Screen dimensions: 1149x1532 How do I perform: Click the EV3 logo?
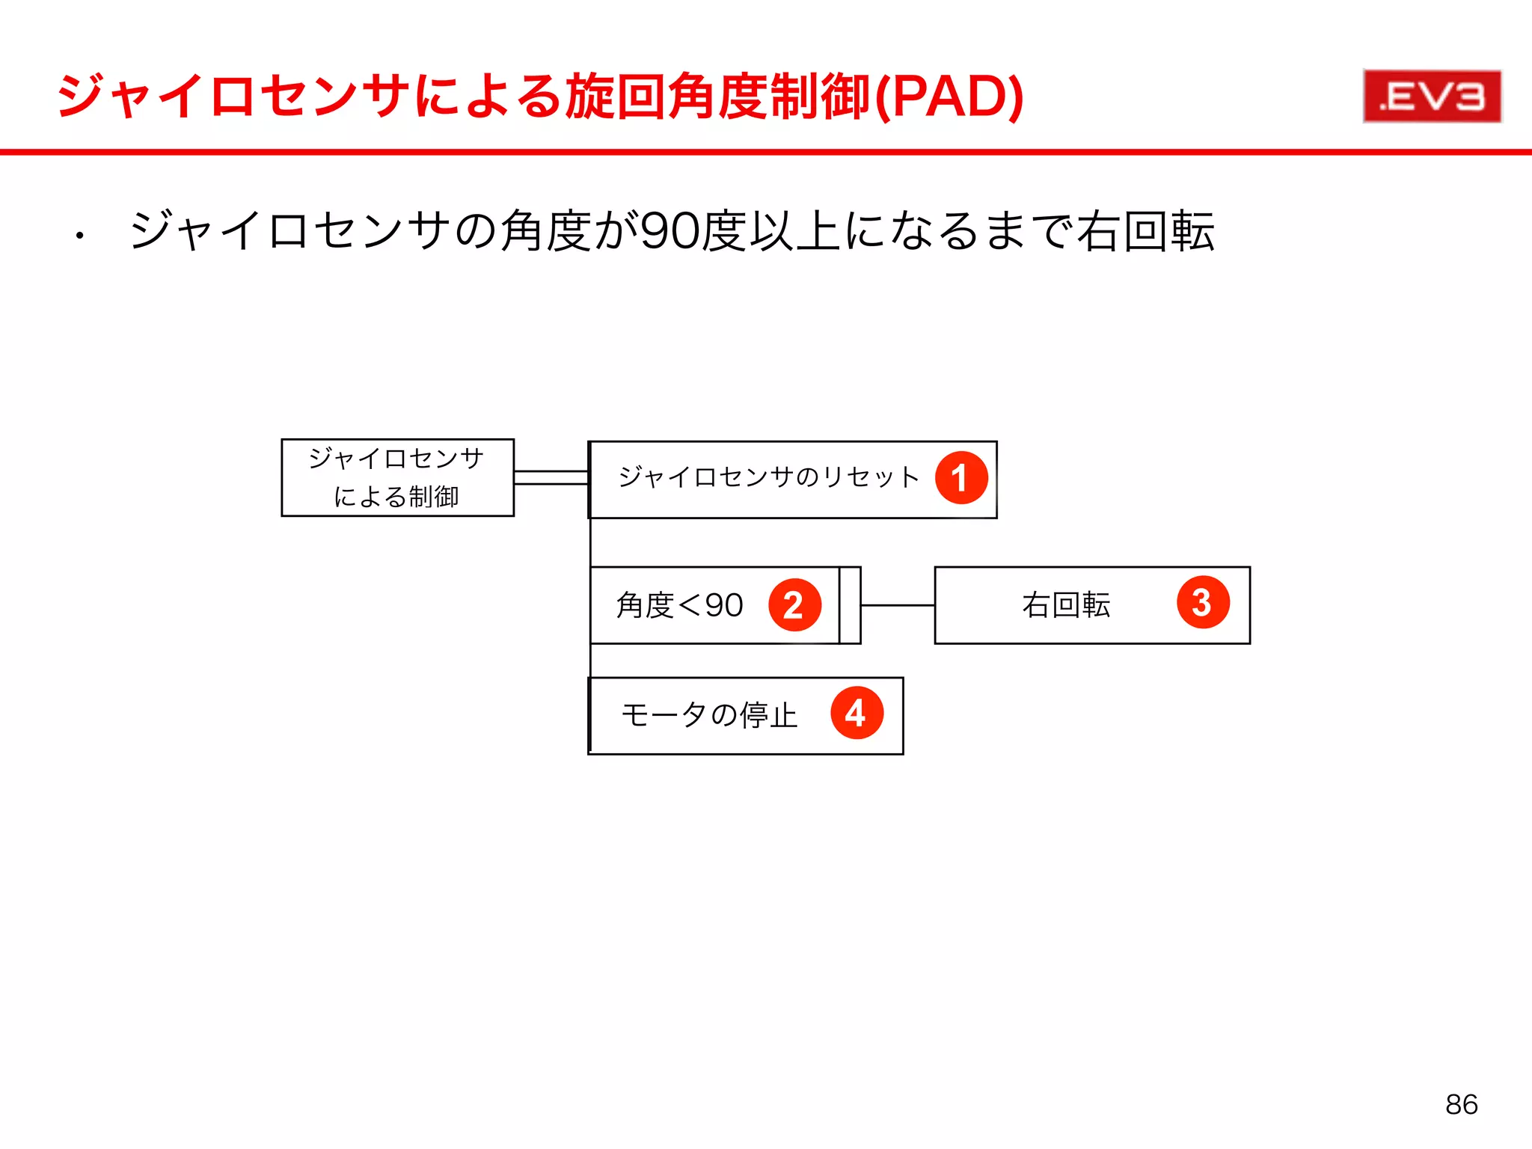tap(1432, 96)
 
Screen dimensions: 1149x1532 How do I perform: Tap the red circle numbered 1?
tap(961, 478)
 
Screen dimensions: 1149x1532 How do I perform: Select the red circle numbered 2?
tap(794, 604)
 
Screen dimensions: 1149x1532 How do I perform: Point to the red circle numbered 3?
tap(1203, 602)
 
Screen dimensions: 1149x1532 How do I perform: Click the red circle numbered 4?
tap(857, 713)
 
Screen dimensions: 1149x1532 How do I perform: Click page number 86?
tap(1461, 1104)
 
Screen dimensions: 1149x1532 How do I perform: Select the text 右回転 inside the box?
tap(1066, 604)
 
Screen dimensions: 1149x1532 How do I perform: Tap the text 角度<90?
tap(679, 605)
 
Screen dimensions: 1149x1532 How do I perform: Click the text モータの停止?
tap(709, 715)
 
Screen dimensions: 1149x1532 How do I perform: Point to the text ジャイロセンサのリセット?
tap(768, 477)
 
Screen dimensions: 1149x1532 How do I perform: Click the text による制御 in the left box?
tap(396, 497)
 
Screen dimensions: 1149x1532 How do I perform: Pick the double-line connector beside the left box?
tap(551, 478)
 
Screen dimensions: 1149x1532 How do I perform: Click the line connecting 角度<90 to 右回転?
tap(898, 605)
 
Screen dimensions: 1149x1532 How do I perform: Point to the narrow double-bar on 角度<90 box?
tap(850, 605)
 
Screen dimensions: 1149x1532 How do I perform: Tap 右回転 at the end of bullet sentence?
tap(1146, 231)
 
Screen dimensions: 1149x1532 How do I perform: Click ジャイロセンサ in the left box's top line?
tap(396, 458)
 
